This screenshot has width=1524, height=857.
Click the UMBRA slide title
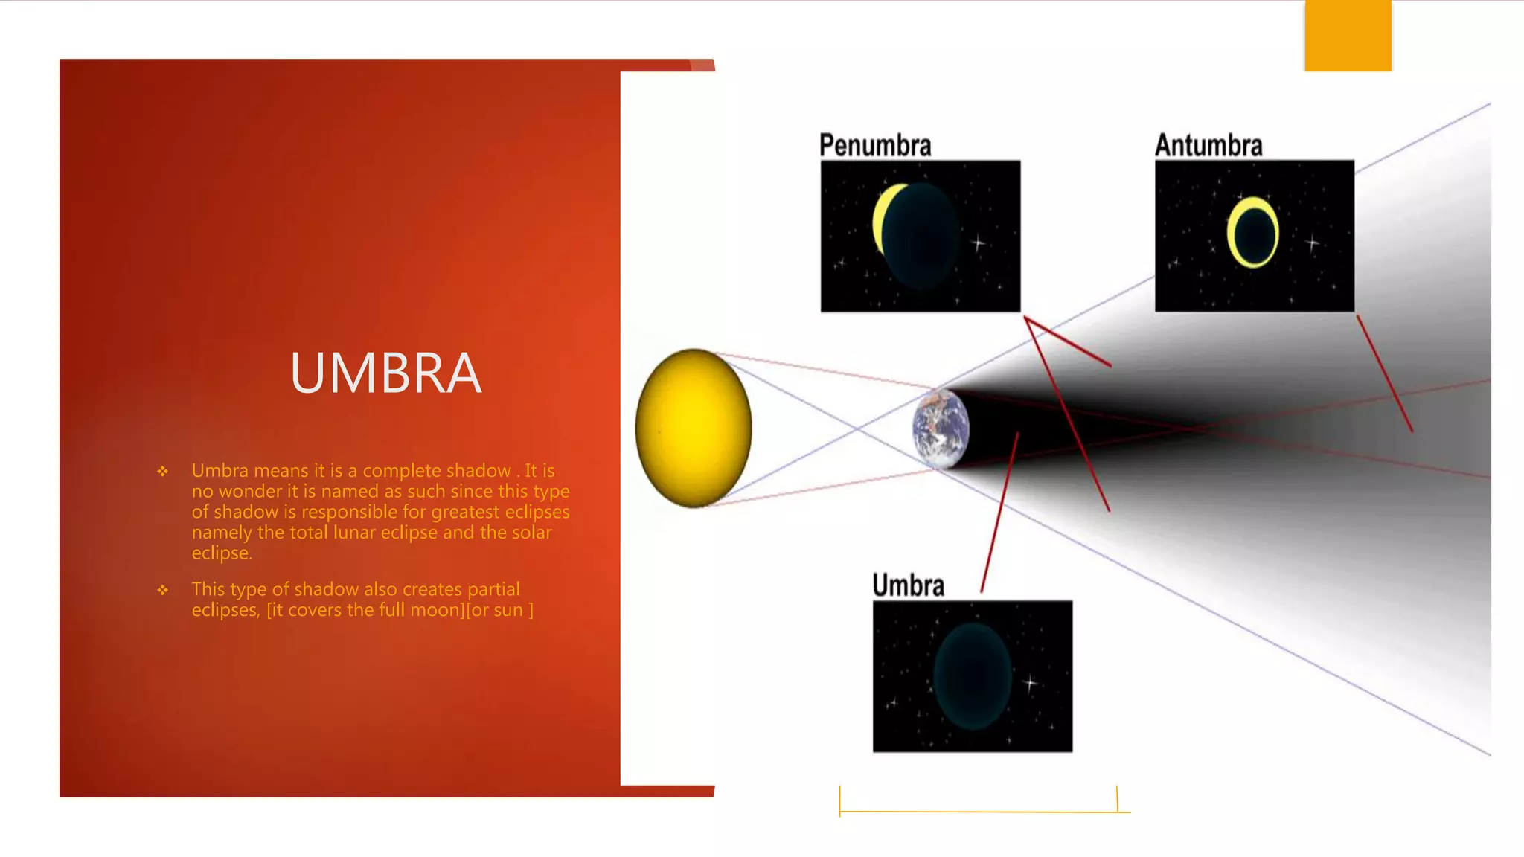point(385,373)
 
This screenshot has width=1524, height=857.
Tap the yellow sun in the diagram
point(694,428)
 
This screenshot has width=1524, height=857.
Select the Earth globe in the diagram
point(941,429)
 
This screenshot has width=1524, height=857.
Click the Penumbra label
point(875,145)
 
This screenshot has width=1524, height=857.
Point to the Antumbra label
point(1208,145)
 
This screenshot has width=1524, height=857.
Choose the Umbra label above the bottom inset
point(908,585)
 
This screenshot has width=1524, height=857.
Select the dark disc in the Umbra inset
point(973,676)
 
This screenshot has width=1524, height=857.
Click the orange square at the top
point(1348,36)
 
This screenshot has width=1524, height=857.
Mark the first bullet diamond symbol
point(163,471)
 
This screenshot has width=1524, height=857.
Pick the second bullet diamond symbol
point(163,590)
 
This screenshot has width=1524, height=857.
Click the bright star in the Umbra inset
point(1031,682)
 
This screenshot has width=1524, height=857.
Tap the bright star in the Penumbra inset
point(979,243)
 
